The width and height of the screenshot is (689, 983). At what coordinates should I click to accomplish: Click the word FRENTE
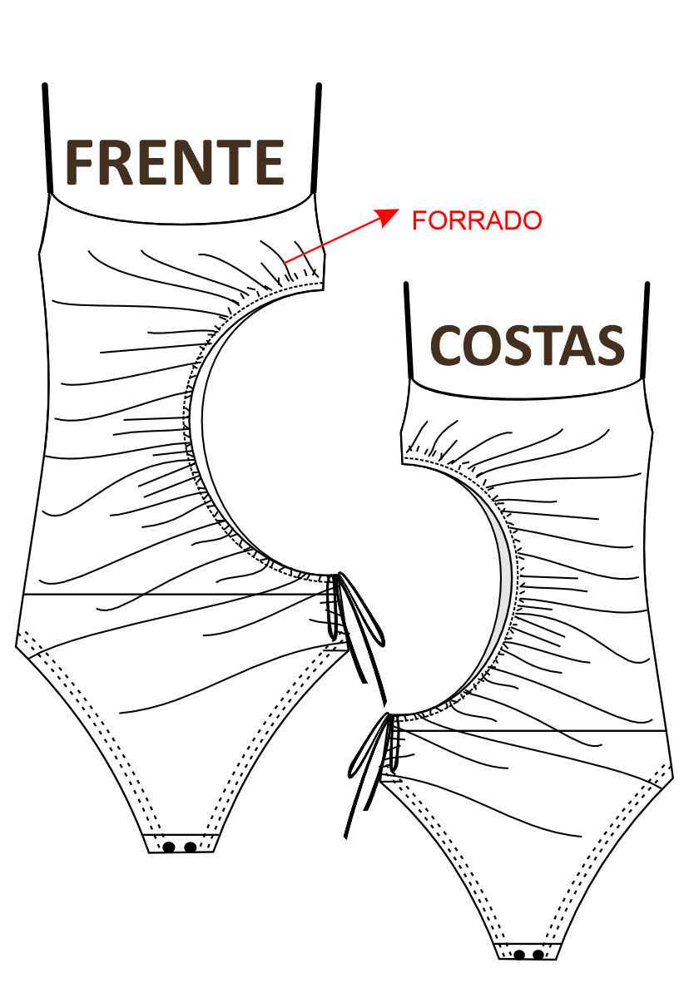(175, 162)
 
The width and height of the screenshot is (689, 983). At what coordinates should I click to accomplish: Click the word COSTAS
(528, 344)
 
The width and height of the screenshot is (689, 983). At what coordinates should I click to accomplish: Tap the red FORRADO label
(477, 220)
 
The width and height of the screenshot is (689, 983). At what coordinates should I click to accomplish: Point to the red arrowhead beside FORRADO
(388, 215)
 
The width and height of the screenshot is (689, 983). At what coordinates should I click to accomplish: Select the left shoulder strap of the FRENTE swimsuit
(46, 137)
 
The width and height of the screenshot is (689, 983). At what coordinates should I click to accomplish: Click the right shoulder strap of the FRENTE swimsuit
(317, 137)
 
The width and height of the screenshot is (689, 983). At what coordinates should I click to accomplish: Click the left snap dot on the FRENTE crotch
(169, 847)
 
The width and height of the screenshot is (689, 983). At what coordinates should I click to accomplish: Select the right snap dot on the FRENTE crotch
(191, 847)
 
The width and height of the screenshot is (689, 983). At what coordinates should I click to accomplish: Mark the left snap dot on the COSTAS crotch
(519, 954)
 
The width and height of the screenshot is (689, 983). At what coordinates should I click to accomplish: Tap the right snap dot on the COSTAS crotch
(538, 954)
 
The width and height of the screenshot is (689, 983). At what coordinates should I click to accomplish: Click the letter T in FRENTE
(235, 162)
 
